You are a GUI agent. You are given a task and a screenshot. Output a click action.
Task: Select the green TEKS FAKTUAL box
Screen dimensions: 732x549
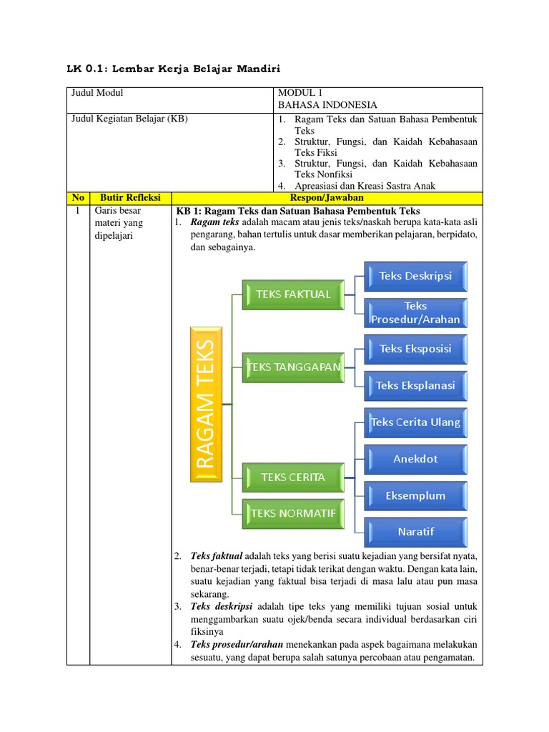pos(287,294)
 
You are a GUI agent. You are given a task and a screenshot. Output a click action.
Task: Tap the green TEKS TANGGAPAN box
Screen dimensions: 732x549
pos(292,367)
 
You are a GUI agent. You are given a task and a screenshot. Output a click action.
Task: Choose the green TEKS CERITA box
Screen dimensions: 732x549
pos(292,477)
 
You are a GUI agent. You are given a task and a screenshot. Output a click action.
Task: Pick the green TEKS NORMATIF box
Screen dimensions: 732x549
pos(292,512)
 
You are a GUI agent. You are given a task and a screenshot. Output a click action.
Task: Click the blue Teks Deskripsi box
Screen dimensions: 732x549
pos(415,276)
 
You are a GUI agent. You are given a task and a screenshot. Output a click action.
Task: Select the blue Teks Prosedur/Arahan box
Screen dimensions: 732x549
pos(415,312)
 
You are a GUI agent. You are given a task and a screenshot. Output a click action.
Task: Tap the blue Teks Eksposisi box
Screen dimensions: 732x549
pos(415,349)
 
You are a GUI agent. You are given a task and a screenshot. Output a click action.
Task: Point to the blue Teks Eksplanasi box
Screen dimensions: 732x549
pos(415,385)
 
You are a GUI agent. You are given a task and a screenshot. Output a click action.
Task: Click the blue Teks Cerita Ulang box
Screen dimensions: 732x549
pos(415,422)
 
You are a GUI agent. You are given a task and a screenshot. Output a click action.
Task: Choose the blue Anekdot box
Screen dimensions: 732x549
pos(415,459)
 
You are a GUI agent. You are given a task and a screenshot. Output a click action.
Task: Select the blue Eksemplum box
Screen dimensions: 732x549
pos(415,495)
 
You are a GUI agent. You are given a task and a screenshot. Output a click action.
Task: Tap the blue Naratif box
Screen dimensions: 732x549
pos(415,532)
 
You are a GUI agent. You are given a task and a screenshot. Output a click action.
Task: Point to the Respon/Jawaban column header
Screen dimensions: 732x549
pos(327,198)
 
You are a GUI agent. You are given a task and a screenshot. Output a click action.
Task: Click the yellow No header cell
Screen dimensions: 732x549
pos(78,198)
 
